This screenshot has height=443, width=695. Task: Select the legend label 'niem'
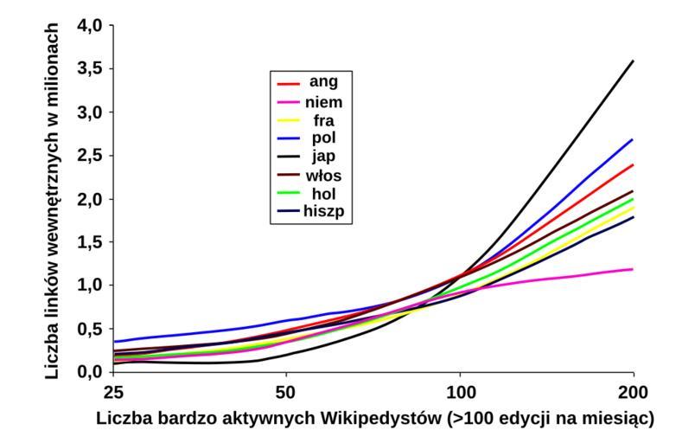(327, 101)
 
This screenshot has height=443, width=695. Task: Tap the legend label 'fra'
(327, 119)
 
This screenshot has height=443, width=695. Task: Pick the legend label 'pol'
(327, 137)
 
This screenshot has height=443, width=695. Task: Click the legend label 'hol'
(327, 191)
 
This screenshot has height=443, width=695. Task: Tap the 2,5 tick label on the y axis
(90, 156)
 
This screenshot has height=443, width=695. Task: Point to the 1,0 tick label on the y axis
(90, 286)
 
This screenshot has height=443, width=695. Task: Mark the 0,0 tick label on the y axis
(90, 372)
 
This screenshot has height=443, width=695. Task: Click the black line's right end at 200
(634, 61)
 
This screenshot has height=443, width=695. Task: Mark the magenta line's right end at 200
(634, 269)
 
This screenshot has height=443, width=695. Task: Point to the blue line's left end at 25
(113, 342)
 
